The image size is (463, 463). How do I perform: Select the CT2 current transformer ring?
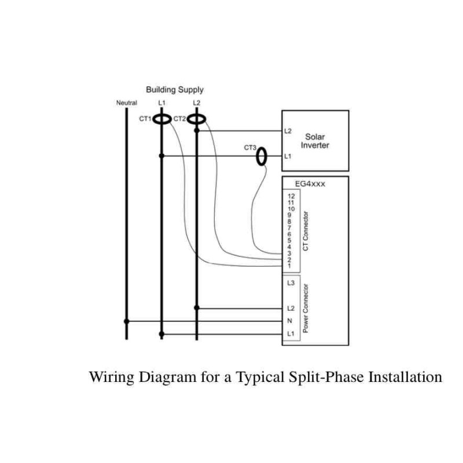[197, 119]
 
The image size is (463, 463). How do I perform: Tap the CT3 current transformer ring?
[263, 156]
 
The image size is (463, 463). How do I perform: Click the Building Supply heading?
[174, 90]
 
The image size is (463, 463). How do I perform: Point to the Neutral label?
[126, 103]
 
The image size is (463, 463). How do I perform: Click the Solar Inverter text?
[315, 141]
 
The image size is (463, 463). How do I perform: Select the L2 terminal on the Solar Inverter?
[288, 131]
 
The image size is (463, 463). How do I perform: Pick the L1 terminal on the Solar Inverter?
[288, 156]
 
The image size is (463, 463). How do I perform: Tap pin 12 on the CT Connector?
[291, 197]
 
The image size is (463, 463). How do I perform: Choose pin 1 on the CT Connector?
[289, 266]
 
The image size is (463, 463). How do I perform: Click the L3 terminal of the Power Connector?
[291, 283]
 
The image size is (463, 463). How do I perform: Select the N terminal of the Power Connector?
[290, 321]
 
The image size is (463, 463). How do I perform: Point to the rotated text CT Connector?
[306, 231]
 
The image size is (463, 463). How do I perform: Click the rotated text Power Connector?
[306, 311]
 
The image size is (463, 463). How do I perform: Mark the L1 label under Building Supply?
[161, 103]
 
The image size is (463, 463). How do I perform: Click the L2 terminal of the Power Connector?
[291, 308]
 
